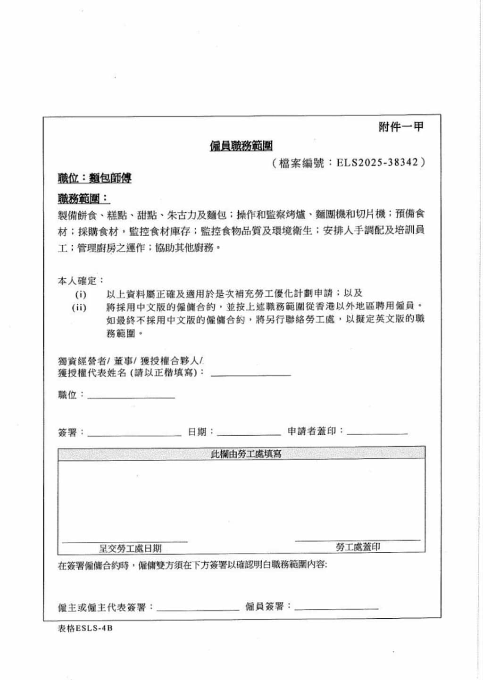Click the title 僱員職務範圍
click(241, 146)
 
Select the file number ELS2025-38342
click(377, 163)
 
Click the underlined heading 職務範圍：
click(83, 199)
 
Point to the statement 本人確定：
click(81, 281)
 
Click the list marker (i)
click(81, 295)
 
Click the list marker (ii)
click(79, 307)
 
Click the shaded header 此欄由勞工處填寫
click(246, 454)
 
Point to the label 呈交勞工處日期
click(130, 548)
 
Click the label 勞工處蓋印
click(358, 547)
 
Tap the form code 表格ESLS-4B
click(85, 628)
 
